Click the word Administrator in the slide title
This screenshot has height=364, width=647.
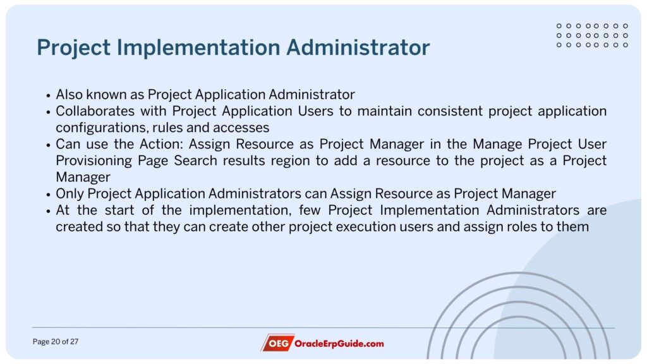click(x=358, y=47)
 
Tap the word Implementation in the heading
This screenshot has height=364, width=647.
click(x=198, y=48)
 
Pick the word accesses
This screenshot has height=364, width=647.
click(x=241, y=128)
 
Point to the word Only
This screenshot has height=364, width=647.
click(x=70, y=193)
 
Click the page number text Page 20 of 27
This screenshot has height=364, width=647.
click(x=56, y=342)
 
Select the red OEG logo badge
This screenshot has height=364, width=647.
click(x=278, y=343)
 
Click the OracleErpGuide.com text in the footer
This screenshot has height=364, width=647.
click(x=339, y=343)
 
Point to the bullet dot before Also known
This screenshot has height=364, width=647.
click(x=48, y=96)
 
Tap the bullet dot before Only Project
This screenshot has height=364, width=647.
click(x=48, y=195)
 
